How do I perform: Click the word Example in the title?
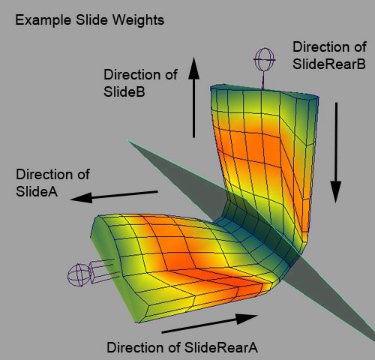coord(43,20)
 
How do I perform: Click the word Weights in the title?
coord(138,20)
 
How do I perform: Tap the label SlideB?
coord(124,91)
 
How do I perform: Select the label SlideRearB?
coord(329,64)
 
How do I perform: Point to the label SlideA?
coord(37,191)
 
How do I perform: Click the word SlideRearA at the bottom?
coord(221,347)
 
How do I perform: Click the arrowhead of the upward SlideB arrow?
coord(193,68)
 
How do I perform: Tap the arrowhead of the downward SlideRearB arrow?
coord(336,192)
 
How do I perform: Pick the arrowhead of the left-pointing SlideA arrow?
coord(81,198)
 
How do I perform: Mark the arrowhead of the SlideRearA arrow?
coord(247,318)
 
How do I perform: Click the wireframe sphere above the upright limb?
coord(264,59)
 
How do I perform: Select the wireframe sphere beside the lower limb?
coord(79,275)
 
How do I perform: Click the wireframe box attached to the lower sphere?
coord(102,272)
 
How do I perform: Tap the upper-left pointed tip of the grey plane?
coord(127,140)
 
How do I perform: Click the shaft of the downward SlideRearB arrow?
coord(336,142)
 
